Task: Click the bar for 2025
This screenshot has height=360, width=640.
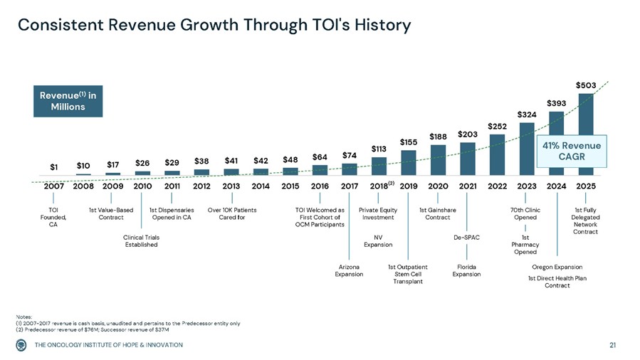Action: click(586, 134)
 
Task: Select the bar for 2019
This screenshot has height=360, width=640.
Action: click(408, 162)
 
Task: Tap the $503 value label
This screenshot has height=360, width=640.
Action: click(586, 85)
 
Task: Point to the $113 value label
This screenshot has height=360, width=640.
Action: click(379, 148)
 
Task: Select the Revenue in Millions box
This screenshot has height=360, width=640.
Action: click(68, 101)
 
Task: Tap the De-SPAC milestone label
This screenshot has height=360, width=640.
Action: click(467, 237)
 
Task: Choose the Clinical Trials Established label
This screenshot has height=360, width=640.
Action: click(140, 240)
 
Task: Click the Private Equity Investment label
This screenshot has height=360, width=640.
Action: click(378, 213)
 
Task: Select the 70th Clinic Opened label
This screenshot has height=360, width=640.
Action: click(525, 213)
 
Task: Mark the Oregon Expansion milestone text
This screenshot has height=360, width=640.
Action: click(557, 267)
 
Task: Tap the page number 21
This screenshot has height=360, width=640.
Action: click(614, 345)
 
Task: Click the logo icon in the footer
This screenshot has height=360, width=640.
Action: click(24, 345)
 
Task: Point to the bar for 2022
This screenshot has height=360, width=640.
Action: click(497, 154)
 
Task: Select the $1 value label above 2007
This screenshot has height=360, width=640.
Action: click(54, 167)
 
